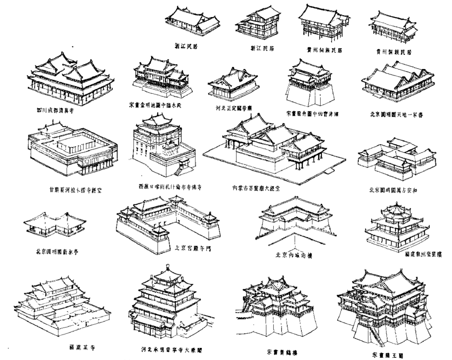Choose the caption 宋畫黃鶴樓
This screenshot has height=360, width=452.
pyautogui.click(x=282, y=352)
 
